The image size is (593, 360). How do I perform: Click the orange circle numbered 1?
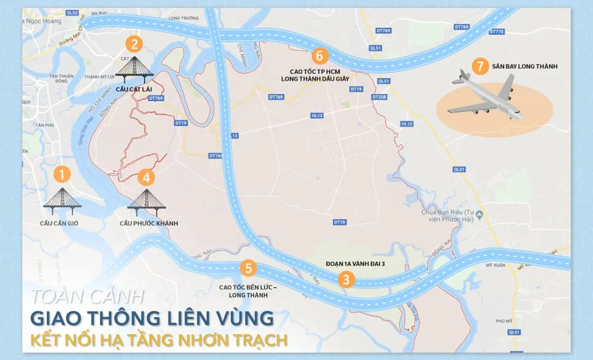pyautogui.click(x=62, y=174)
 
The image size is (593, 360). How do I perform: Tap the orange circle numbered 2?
pyautogui.click(x=134, y=44)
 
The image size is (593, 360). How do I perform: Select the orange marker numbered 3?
pyautogui.click(x=346, y=279)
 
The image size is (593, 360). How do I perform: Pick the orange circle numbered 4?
pyautogui.click(x=147, y=177)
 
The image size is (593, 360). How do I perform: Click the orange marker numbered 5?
pyautogui.click(x=248, y=269)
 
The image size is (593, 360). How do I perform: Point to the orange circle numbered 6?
pyautogui.click(x=320, y=56)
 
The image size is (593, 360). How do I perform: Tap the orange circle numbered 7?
pyautogui.click(x=478, y=66)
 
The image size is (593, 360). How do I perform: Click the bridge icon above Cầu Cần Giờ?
pyautogui.click(x=62, y=198)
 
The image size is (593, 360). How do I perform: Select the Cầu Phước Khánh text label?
pyautogui.click(x=148, y=224)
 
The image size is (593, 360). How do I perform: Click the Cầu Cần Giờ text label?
pyautogui.click(x=60, y=224)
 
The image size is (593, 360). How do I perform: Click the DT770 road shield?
pyautogui.click(x=497, y=31)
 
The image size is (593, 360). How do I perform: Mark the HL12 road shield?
pyautogui.click(x=407, y=124)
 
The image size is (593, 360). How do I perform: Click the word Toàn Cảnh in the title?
pyautogui.click(x=88, y=296)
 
